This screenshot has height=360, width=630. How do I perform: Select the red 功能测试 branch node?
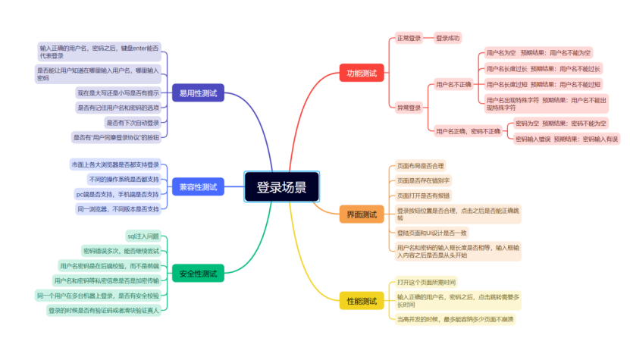[361, 74]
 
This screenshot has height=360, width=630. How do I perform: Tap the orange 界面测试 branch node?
[361, 214]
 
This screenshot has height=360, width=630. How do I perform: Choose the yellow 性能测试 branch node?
[361, 301]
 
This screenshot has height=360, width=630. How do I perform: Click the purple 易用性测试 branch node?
[198, 93]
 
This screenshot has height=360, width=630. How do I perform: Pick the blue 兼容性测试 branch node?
[198, 186]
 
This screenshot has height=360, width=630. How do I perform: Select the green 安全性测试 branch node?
[198, 273]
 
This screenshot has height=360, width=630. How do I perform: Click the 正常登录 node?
[409, 37]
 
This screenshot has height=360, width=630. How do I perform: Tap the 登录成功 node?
[448, 37]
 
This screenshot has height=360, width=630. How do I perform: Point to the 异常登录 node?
[409, 108]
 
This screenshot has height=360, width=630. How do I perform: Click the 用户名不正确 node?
[453, 84]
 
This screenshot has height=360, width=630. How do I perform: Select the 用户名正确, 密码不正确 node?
[468, 131]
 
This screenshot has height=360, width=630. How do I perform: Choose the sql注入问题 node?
[143, 236]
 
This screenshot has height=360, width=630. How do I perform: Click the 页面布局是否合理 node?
[421, 165]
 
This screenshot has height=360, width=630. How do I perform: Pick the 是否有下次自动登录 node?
[133, 122]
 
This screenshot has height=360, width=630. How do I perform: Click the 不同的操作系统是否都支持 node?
[124, 179]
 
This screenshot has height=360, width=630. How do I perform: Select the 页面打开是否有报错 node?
[423, 196]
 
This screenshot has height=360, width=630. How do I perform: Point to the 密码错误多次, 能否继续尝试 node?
[121, 251]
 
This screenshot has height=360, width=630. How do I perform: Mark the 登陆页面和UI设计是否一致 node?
[432, 232]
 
